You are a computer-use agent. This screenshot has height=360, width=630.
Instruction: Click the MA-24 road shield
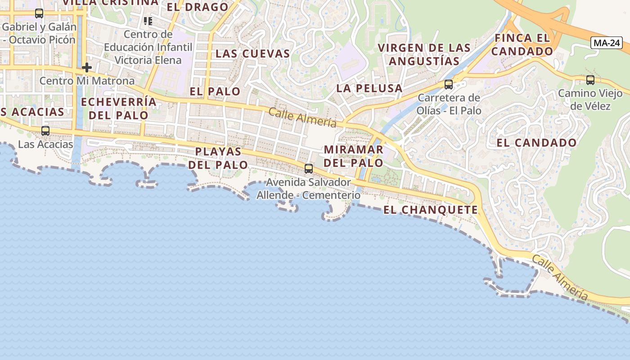tap(606, 43)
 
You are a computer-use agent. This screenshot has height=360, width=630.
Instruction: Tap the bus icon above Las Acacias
tap(45, 131)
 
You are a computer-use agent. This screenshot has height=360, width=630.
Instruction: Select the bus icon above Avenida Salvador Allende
tap(309, 169)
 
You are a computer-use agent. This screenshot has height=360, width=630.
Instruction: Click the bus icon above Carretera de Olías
tap(448, 84)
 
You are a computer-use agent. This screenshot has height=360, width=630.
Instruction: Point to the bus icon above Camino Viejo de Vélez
tap(590, 80)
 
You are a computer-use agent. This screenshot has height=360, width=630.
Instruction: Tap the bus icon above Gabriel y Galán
tap(39, 13)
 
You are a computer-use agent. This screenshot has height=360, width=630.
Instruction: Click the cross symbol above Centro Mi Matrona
tap(87, 68)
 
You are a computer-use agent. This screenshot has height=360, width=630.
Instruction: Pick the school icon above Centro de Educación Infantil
tap(148, 21)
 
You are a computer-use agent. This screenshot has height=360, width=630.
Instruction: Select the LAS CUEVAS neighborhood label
tap(252, 54)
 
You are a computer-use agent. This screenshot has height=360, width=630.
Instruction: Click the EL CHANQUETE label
tap(431, 210)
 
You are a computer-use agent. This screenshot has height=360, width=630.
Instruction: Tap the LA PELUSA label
tap(369, 88)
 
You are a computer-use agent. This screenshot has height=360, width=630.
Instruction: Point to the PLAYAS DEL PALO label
tap(218, 158)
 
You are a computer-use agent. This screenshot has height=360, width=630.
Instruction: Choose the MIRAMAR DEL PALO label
tap(353, 156)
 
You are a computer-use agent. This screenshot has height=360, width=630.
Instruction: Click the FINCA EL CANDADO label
tap(522, 45)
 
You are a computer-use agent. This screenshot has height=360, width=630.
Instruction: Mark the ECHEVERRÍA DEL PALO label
tap(119, 108)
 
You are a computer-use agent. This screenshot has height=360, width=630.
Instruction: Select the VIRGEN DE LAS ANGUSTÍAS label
tap(424, 54)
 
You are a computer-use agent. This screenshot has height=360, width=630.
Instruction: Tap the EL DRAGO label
tap(198, 7)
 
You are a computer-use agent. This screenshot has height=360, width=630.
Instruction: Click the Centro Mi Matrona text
tap(87, 81)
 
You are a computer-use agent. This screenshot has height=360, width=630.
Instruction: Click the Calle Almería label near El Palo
tap(302, 117)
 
